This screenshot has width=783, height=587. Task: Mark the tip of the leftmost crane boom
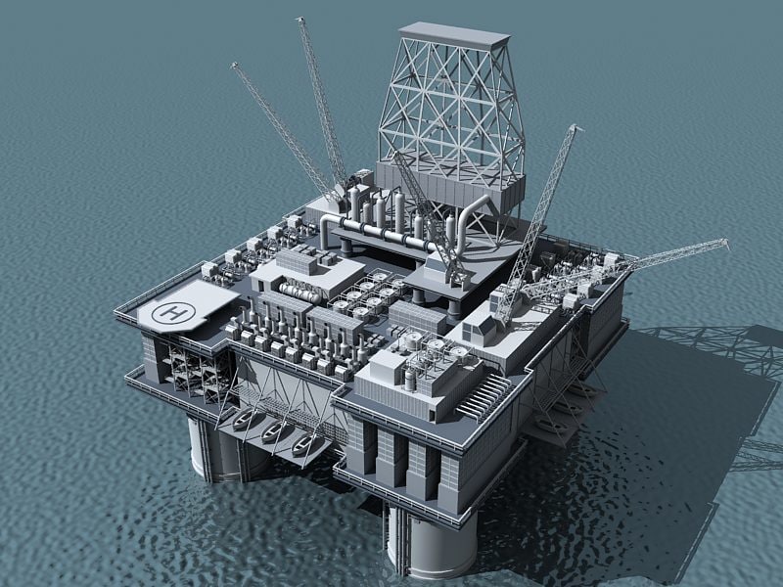[234, 65]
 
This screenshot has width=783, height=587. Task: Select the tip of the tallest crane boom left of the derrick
[299, 19]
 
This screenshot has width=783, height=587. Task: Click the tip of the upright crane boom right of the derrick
[574, 128]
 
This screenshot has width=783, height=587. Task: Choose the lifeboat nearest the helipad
[244, 421]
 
